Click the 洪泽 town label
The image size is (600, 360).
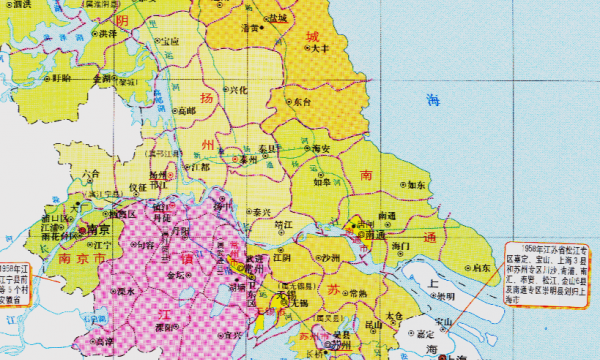[x=105, y=33]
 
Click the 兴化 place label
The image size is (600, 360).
[x=238, y=90]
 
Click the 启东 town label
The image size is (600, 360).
[x=482, y=267]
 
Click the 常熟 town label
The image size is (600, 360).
[x=358, y=293]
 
